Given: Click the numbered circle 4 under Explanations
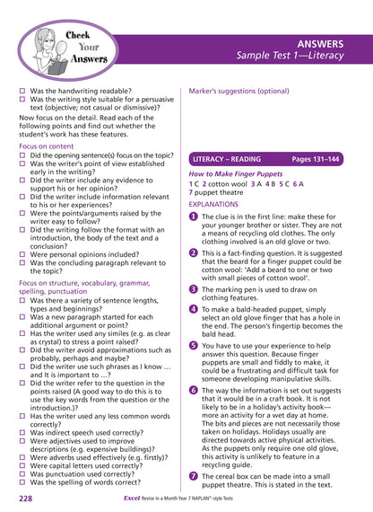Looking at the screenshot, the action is tap(193, 309).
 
